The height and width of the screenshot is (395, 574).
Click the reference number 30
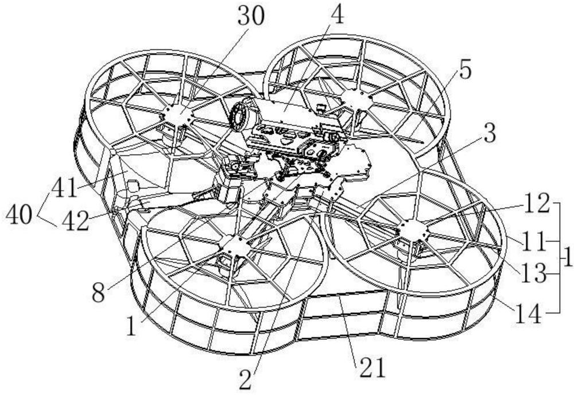pos(250,17)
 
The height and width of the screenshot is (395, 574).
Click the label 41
pos(64,188)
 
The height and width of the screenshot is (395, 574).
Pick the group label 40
pos(19,215)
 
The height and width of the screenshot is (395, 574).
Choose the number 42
pos(75,220)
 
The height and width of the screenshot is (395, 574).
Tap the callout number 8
pos(98,293)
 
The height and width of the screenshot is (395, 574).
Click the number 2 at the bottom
pos(245,379)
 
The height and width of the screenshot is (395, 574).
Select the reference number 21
pos(373,367)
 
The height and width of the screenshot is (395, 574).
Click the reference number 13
pos(533,274)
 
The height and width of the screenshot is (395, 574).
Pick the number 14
pos(528,314)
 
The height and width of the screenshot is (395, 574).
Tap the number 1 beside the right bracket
pos(567,258)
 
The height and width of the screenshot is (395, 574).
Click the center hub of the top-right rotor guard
pos(356,99)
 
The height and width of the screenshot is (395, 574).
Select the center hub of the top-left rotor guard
pos(177,115)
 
